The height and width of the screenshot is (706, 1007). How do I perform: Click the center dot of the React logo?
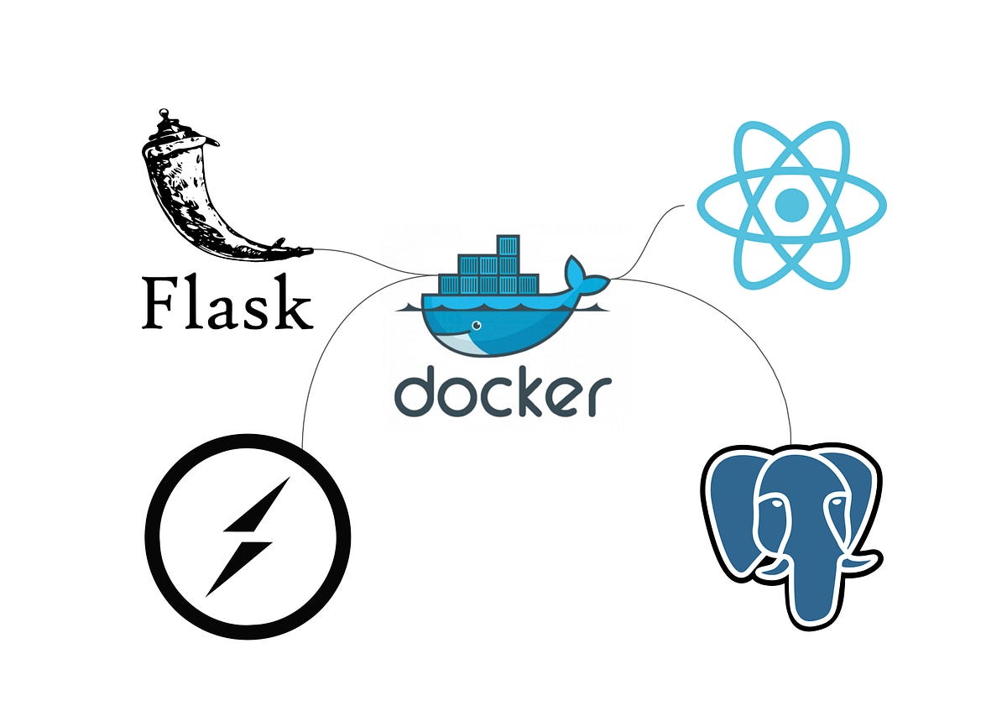tap(791, 204)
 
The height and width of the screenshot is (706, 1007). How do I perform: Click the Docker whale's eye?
tap(476, 326)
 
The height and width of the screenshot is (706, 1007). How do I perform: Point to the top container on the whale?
tap(507, 245)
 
